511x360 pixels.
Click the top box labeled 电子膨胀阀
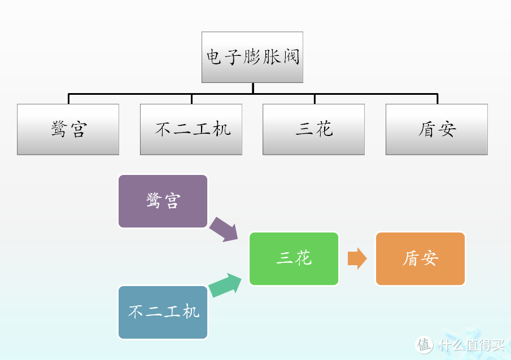252,57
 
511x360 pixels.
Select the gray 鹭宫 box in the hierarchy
68,129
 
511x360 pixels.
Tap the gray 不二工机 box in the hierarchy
191,129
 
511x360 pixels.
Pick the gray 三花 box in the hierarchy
314,129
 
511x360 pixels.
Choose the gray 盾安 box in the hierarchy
436,129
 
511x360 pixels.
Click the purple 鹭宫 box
163,201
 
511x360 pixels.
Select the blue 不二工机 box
163,312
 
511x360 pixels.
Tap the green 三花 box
294,258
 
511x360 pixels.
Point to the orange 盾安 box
420,258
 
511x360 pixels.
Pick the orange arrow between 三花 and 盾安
357,258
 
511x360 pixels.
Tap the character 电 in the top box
213,57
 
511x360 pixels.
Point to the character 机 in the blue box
191,312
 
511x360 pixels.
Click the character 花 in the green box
303,258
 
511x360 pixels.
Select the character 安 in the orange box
430,258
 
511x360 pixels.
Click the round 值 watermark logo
425,344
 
